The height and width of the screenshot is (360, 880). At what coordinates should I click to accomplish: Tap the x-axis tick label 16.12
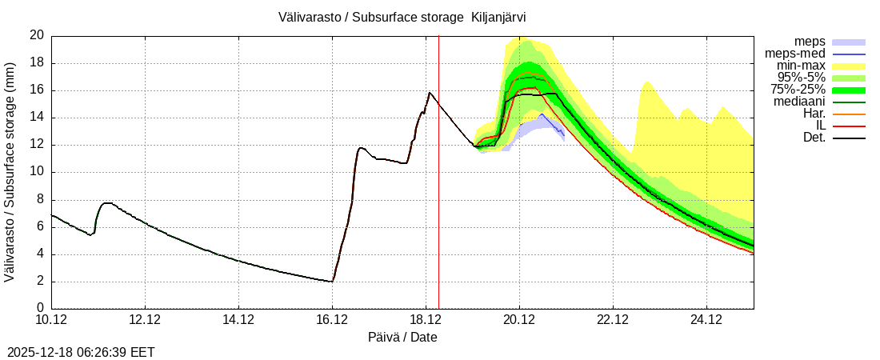tap(332, 320)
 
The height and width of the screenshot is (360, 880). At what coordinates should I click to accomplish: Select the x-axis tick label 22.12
tap(613, 320)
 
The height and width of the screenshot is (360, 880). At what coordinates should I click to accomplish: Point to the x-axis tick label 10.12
tap(51, 320)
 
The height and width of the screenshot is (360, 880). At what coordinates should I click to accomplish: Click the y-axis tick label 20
tap(37, 35)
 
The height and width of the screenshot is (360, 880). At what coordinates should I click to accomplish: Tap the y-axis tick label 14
tap(37, 118)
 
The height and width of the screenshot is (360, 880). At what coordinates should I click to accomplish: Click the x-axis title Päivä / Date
tap(402, 338)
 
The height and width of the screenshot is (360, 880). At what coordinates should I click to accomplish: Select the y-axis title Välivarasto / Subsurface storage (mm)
tap(10, 171)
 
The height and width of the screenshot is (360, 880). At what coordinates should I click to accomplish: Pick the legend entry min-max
tap(800, 66)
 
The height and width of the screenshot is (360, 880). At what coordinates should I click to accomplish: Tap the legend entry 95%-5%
tap(799, 78)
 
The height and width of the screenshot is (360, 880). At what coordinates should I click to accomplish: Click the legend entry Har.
tap(812, 114)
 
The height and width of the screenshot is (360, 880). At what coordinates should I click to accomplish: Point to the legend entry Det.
tap(813, 138)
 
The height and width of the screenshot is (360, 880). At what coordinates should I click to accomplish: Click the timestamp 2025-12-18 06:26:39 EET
tap(81, 352)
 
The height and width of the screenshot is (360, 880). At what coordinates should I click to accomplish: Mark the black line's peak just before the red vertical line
tap(430, 93)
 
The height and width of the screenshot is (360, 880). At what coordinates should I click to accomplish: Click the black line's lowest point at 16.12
tap(331, 282)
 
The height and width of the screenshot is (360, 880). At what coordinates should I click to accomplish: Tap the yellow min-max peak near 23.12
tap(647, 82)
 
